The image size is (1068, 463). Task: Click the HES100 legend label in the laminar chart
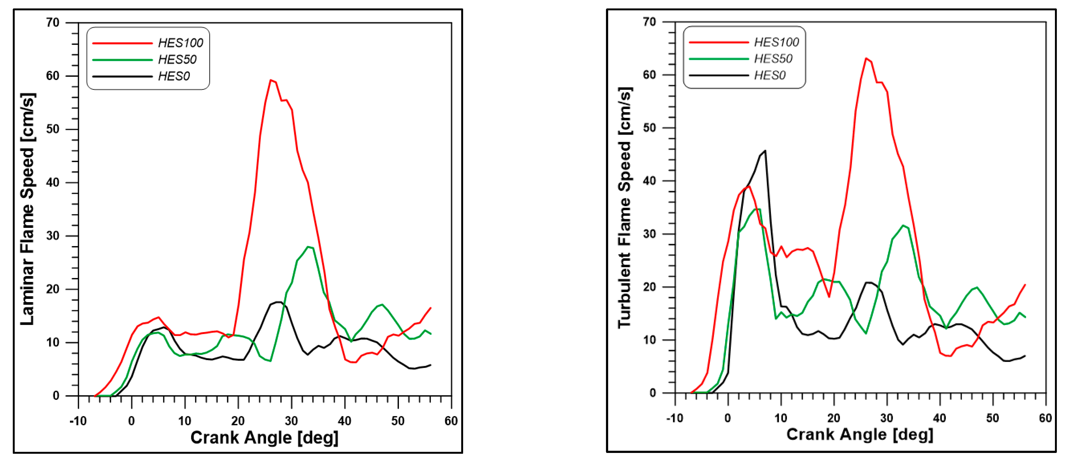[180, 43]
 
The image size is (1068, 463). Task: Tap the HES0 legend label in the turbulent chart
[770, 75]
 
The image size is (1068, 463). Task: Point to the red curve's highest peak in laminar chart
[271, 80]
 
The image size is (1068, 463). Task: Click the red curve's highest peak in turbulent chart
[866, 59]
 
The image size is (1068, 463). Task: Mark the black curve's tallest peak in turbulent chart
[765, 151]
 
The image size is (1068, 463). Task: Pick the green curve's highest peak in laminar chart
[308, 247]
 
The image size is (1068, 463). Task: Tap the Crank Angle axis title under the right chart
[860, 434]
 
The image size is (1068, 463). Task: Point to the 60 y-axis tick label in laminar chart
[53, 76]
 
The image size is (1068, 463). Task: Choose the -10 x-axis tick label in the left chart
[78, 421]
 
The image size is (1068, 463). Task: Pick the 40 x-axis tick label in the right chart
[940, 418]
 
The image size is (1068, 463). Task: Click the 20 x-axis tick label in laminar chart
[238, 421]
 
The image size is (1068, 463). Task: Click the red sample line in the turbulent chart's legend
[719, 42]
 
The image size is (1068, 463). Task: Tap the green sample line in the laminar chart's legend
[122, 60]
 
